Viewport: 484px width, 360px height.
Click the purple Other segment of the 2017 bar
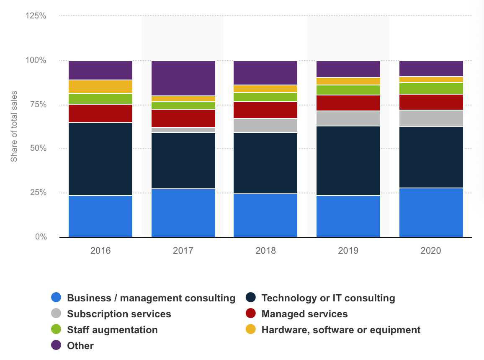[183, 78]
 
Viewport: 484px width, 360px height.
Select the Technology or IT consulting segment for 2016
[100, 159]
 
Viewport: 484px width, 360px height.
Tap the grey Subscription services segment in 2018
[265, 126]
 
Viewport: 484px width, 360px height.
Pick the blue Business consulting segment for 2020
[431, 212]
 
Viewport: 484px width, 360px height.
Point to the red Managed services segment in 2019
[348, 103]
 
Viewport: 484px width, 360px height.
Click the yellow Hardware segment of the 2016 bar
[100, 87]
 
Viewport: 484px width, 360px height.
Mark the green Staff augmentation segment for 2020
[431, 88]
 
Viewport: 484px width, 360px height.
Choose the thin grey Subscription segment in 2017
[183, 130]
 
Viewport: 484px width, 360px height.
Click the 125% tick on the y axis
[36, 16]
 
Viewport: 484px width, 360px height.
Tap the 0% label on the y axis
[40, 237]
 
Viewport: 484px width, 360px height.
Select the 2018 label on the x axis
[265, 251]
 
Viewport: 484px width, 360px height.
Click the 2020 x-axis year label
[431, 251]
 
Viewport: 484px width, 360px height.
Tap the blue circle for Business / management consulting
[56, 298]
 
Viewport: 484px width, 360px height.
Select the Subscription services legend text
[119, 314]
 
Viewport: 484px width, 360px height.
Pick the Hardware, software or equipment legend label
[341, 330]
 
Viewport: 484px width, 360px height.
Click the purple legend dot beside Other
[56, 346]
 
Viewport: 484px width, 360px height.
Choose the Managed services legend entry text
[304, 314]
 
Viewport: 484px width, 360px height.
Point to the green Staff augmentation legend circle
[56, 330]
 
